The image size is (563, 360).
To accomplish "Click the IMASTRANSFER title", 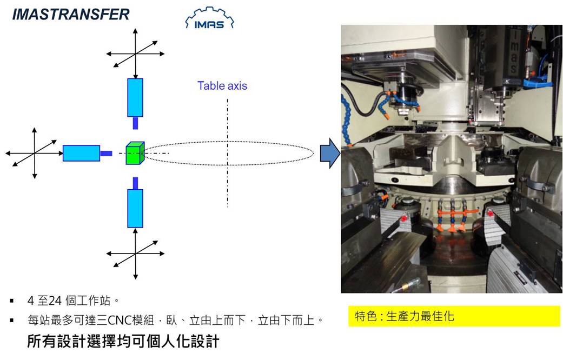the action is coord(71,15).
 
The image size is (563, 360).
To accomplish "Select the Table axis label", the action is coord(222,86).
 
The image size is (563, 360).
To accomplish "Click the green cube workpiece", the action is coord(135,154).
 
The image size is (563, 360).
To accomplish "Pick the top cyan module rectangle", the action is coord(135,98).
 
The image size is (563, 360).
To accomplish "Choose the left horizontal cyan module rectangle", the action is coord(81,154).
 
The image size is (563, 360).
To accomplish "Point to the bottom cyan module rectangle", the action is coord(135,209).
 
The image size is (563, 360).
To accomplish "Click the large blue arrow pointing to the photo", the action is coord(330,154).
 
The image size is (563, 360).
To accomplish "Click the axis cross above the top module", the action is coord(135,54).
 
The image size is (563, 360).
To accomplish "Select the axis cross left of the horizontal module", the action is coord(35,154).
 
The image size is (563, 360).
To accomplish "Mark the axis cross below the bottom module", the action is coord(135,254).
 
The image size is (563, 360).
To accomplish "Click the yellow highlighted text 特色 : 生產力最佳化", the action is coord(405,316).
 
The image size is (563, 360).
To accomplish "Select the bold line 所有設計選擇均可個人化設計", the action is coord(123,341).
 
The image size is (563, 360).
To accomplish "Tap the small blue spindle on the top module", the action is coord(135,123).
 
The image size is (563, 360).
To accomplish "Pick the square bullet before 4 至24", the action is coord(12,301).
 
